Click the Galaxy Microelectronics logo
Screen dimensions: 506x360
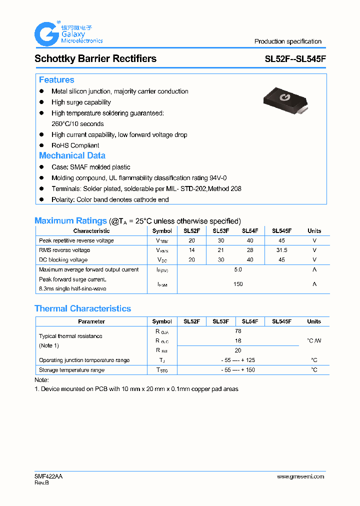(x=68, y=34)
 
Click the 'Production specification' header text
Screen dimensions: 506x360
(x=287, y=41)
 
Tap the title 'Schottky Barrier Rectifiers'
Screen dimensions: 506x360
(x=95, y=58)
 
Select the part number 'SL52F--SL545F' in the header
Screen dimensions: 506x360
(x=295, y=59)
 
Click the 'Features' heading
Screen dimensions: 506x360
(x=56, y=80)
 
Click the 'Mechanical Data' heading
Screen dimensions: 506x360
(x=72, y=155)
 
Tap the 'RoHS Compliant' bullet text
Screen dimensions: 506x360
(x=75, y=145)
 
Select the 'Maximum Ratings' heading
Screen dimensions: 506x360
(x=70, y=220)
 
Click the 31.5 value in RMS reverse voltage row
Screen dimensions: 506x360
(x=281, y=250)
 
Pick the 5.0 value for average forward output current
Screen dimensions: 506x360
(x=238, y=269)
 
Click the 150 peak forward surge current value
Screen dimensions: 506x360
(x=238, y=284)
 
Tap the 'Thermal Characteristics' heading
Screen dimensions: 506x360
(x=82, y=308)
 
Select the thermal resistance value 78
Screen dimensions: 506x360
(x=238, y=331)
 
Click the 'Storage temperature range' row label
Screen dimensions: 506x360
(x=71, y=370)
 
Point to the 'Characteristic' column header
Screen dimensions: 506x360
(x=91, y=231)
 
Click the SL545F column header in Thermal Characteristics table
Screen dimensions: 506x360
(x=281, y=321)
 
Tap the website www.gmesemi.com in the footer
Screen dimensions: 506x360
(x=300, y=476)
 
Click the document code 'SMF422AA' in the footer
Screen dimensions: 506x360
(x=48, y=476)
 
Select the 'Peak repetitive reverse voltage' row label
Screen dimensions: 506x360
(x=76, y=240)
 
